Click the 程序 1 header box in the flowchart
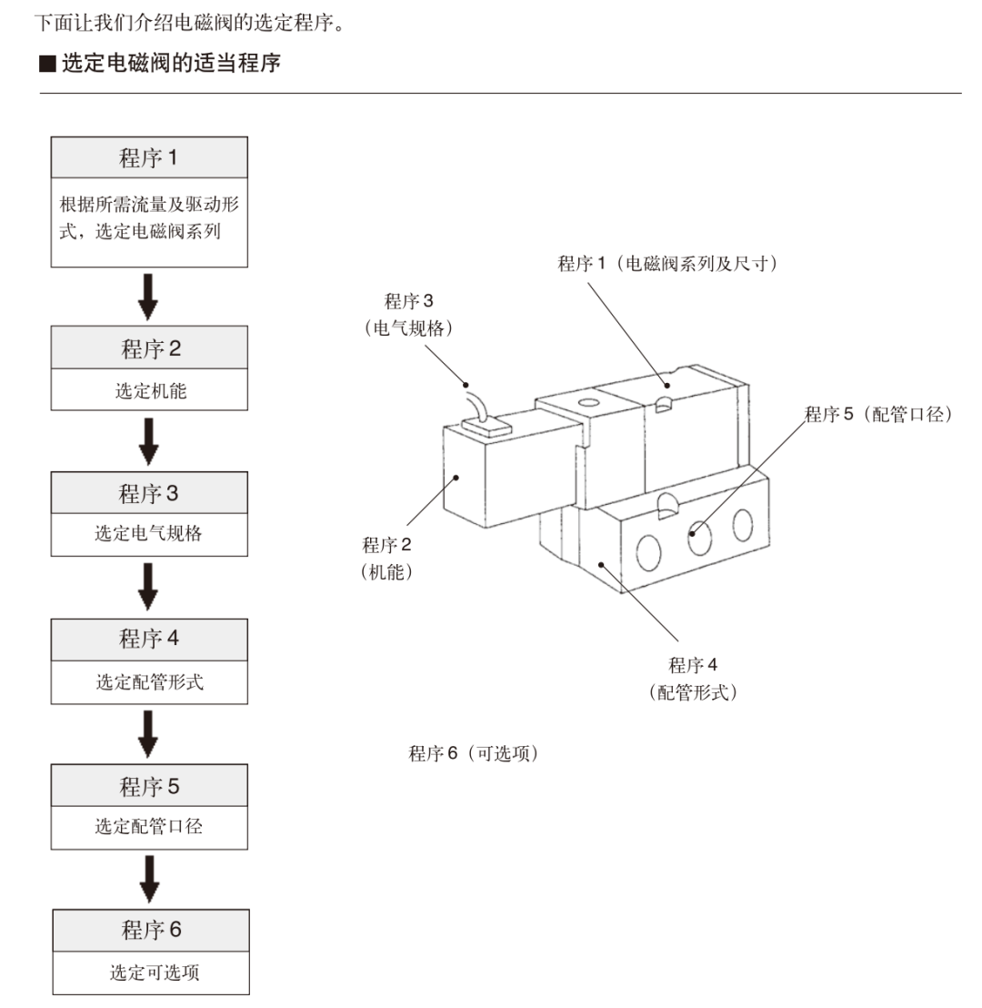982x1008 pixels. point(149,157)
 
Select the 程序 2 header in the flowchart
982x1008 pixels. point(149,348)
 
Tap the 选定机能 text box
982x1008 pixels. point(149,391)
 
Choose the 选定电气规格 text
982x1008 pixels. point(149,534)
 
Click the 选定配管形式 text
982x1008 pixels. point(149,681)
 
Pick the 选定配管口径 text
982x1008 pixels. point(149,827)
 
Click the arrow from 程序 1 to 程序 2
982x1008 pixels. point(149,296)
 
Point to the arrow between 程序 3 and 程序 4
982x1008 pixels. point(149,587)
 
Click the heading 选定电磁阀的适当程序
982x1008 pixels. point(171,65)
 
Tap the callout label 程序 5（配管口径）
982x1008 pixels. point(877,415)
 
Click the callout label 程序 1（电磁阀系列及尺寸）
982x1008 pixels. point(667,264)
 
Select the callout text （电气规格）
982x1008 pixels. point(408,328)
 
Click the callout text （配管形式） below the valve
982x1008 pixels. point(693,692)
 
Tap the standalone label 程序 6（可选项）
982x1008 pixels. point(473,753)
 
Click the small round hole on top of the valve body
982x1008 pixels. point(588,402)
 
